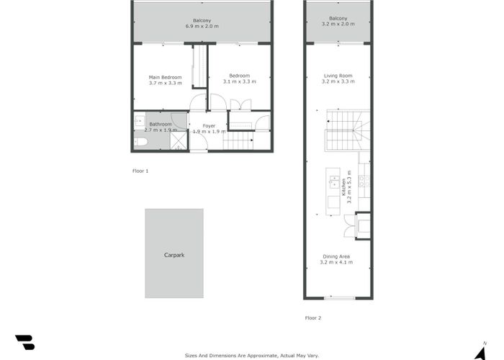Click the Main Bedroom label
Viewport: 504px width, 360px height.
coord(165,77)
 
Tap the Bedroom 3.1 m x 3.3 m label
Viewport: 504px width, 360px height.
coord(239,76)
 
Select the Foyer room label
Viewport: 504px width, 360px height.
coord(209,126)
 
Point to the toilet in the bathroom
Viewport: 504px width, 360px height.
coord(140,143)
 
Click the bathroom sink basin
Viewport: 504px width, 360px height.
coord(139,122)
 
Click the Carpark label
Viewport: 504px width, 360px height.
coord(174,255)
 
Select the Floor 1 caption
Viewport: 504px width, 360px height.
coord(140,171)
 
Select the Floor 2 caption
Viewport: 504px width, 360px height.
coord(312,318)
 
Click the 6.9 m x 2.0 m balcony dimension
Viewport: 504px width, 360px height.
coord(202,26)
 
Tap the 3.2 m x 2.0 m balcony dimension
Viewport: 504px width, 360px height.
coord(338,24)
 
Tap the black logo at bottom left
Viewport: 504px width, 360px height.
coord(24,342)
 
